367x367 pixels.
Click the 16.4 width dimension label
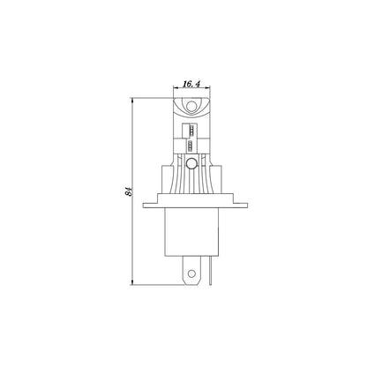click(191, 84)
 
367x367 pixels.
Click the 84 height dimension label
click(129, 191)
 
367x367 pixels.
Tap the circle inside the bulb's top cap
click(191, 106)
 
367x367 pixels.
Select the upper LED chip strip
click(191, 130)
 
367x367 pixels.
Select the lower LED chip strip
click(191, 145)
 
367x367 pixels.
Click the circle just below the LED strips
click(191, 162)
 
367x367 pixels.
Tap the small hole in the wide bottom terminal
click(191, 273)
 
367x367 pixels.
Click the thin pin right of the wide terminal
click(210, 270)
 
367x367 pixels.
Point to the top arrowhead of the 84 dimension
click(132, 101)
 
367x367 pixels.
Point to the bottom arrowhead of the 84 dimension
click(132, 282)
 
